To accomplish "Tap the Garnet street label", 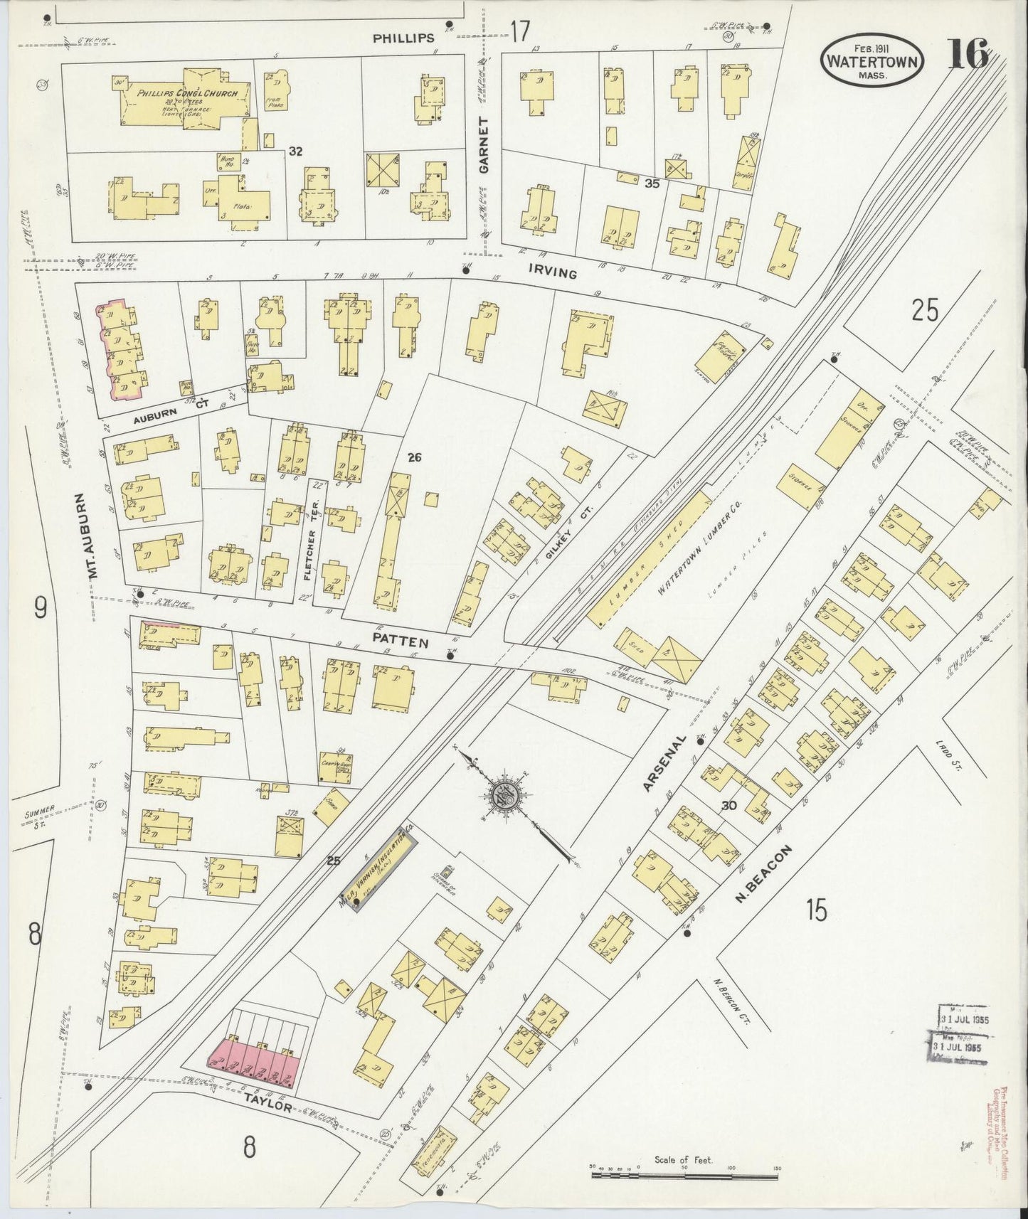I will coord(485,146).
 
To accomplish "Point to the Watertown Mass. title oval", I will coord(872,61).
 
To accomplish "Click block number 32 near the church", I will coord(296,151).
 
